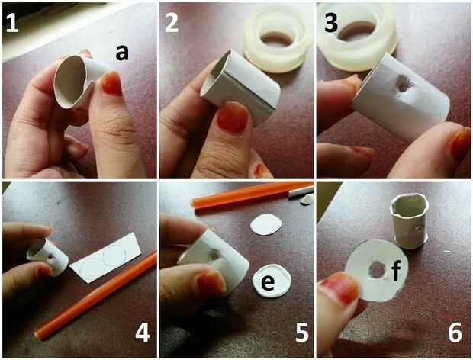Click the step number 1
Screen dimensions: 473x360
click(x=12, y=23)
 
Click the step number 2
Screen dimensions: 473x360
click(x=172, y=23)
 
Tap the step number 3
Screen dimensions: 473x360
click(x=331, y=23)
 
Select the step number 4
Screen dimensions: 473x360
click(x=143, y=333)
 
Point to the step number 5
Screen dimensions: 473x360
click(x=302, y=333)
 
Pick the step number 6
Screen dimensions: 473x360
click(x=455, y=333)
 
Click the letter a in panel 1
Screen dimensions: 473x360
click(x=122, y=52)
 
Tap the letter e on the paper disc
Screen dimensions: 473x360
click(x=268, y=282)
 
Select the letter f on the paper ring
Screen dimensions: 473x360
click(x=396, y=271)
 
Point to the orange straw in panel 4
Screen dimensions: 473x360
click(x=96, y=296)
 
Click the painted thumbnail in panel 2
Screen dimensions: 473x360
click(x=233, y=117)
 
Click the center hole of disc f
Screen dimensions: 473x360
click(x=376, y=270)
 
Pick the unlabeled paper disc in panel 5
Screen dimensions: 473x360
click(x=266, y=224)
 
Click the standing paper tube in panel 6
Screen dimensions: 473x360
click(x=410, y=220)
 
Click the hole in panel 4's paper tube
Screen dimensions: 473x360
click(x=52, y=257)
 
